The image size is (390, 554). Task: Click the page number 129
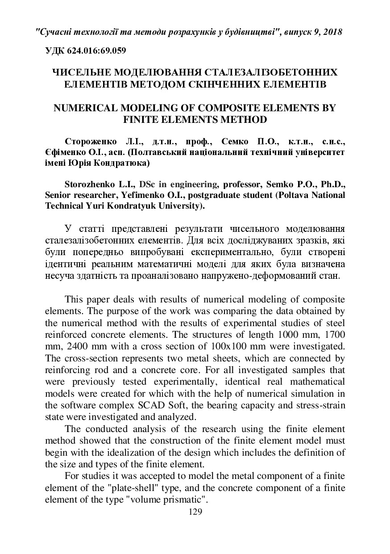pos(195,512)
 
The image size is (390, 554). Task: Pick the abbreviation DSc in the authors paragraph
pos(148,184)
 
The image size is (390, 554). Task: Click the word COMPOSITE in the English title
pos(227,108)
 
